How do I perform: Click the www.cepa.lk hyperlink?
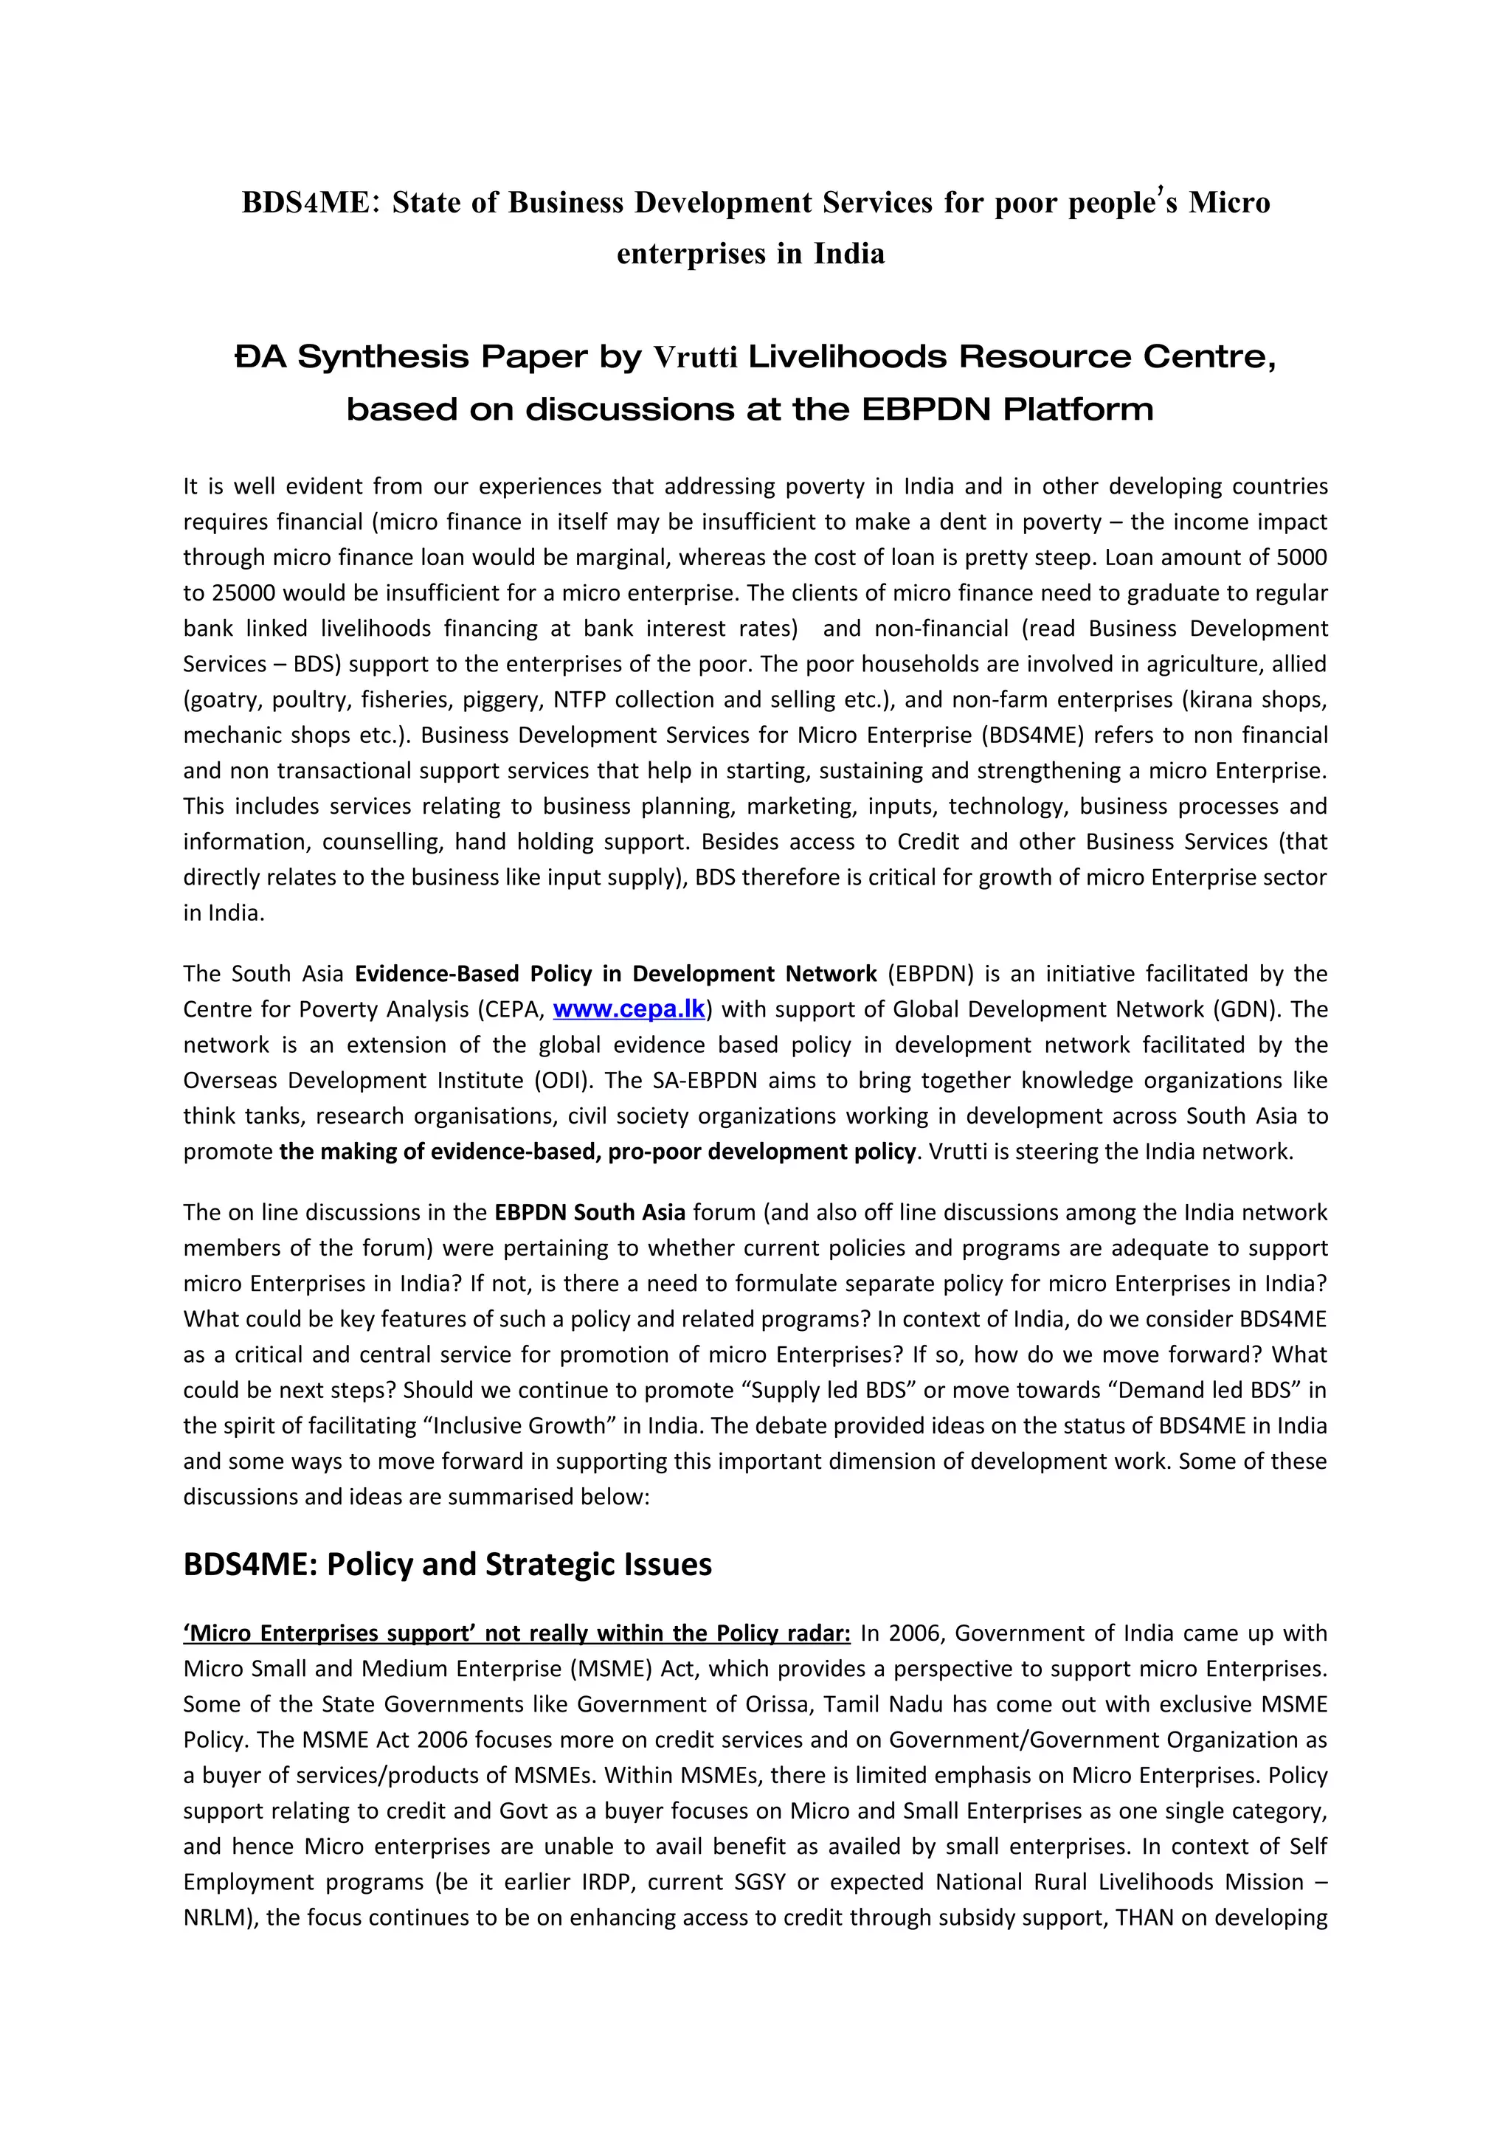click(629, 1009)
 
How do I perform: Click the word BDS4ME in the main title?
click(305, 202)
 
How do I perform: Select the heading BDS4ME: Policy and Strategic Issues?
click(447, 1563)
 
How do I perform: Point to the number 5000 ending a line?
click(1301, 558)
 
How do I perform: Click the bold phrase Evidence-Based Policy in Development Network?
click(615, 974)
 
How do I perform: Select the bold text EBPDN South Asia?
click(589, 1212)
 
